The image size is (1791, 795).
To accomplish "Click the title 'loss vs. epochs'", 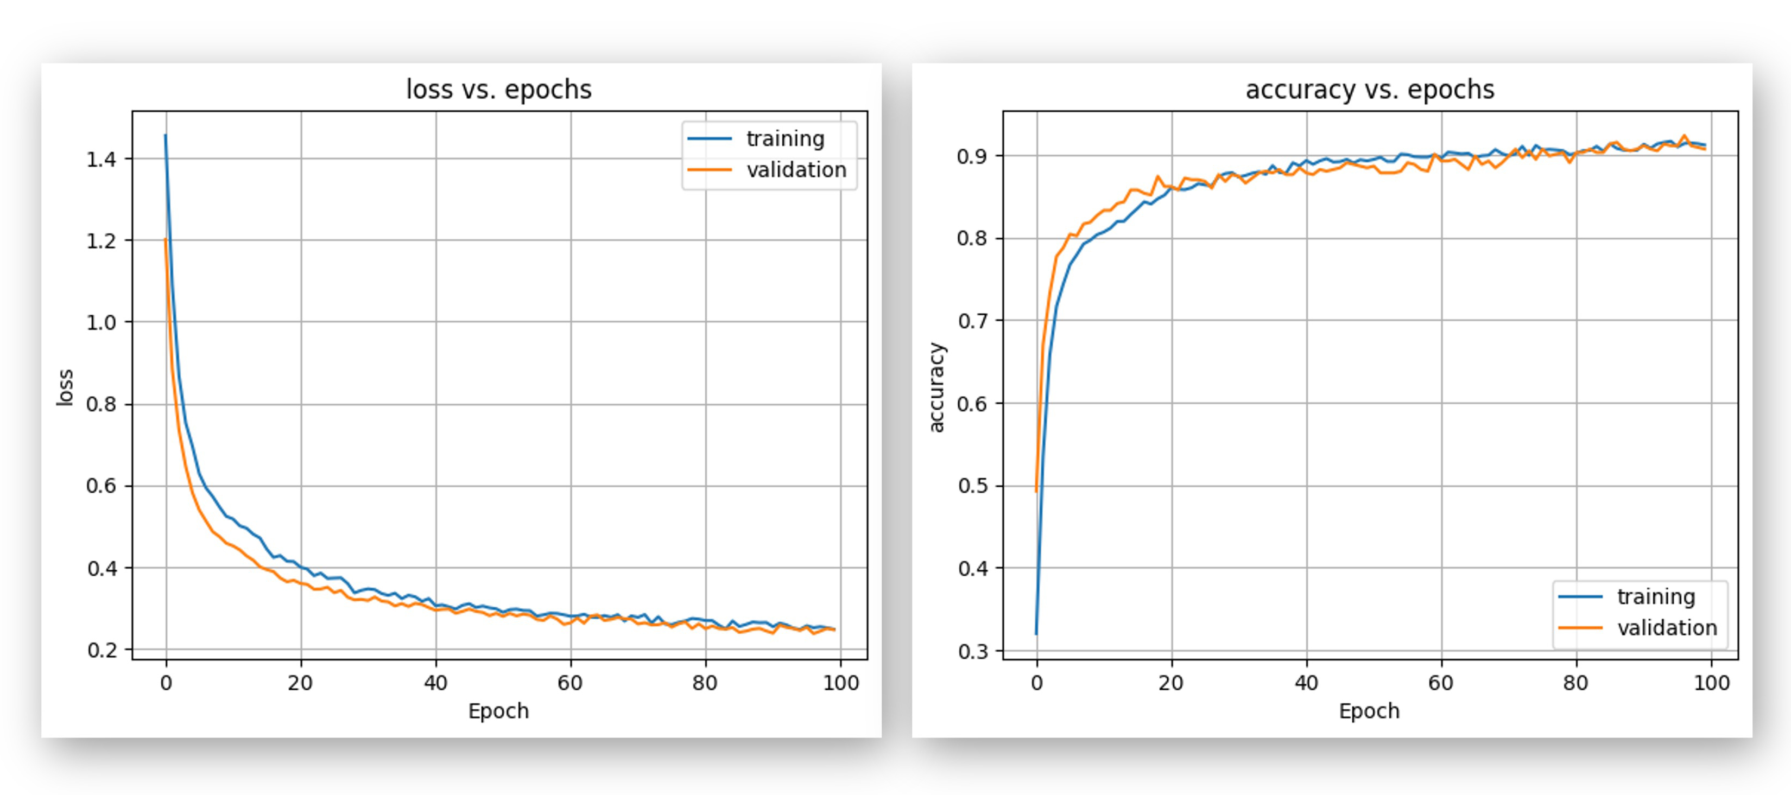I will [x=498, y=90].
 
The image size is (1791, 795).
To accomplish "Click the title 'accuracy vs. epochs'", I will [x=1369, y=90].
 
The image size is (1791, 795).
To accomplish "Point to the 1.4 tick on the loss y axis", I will [x=101, y=159].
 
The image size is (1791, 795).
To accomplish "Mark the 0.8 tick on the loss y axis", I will [x=101, y=404].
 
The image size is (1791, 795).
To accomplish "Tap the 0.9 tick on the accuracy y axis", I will [x=971, y=156].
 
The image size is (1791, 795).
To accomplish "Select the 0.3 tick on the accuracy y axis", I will [x=971, y=652].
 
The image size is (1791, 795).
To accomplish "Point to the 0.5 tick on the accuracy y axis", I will [x=971, y=486].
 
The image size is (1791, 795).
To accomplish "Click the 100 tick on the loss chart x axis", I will [x=840, y=683].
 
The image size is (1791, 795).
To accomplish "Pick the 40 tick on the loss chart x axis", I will [x=436, y=683].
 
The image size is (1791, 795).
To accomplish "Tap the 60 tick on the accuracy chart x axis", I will [x=1441, y=683].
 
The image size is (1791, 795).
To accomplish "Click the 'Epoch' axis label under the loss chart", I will [x=498, y=711].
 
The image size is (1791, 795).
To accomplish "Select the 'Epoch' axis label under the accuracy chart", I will [x=1369, y=711].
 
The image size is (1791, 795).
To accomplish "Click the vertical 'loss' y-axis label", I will [x=65, y=387].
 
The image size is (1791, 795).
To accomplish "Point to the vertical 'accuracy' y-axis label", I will [x=936, y=387].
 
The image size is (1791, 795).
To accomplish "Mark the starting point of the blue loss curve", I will [x=165, y=136].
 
